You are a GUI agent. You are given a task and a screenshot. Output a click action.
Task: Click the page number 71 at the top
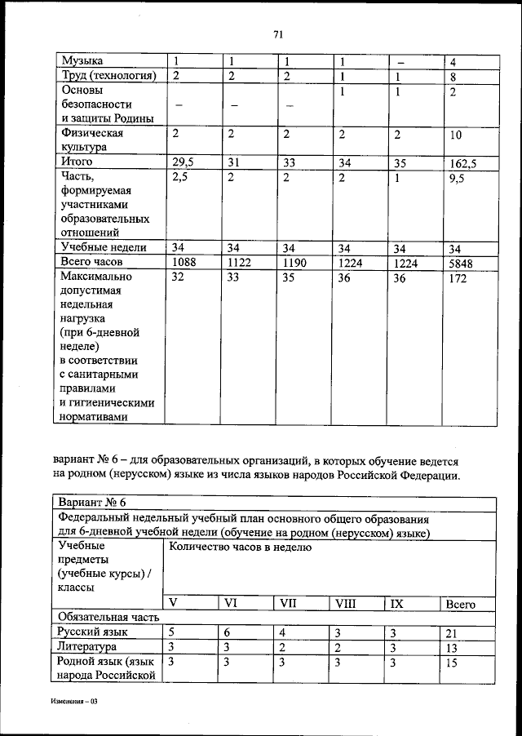(277, 33)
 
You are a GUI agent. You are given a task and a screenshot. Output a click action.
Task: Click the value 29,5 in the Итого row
(184, 162)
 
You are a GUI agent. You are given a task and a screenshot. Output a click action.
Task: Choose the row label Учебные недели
(103, 247)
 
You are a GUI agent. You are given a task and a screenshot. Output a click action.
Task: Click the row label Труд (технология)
(108, 76)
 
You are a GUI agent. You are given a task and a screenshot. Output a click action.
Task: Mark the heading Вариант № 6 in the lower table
(94, 502)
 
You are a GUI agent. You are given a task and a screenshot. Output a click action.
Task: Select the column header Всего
(462, 605)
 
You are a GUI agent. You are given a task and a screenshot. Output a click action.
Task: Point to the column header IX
(397, 605)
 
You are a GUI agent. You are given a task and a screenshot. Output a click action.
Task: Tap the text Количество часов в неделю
(241, 547)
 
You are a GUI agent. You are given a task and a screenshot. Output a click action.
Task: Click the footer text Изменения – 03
(73, 701)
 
